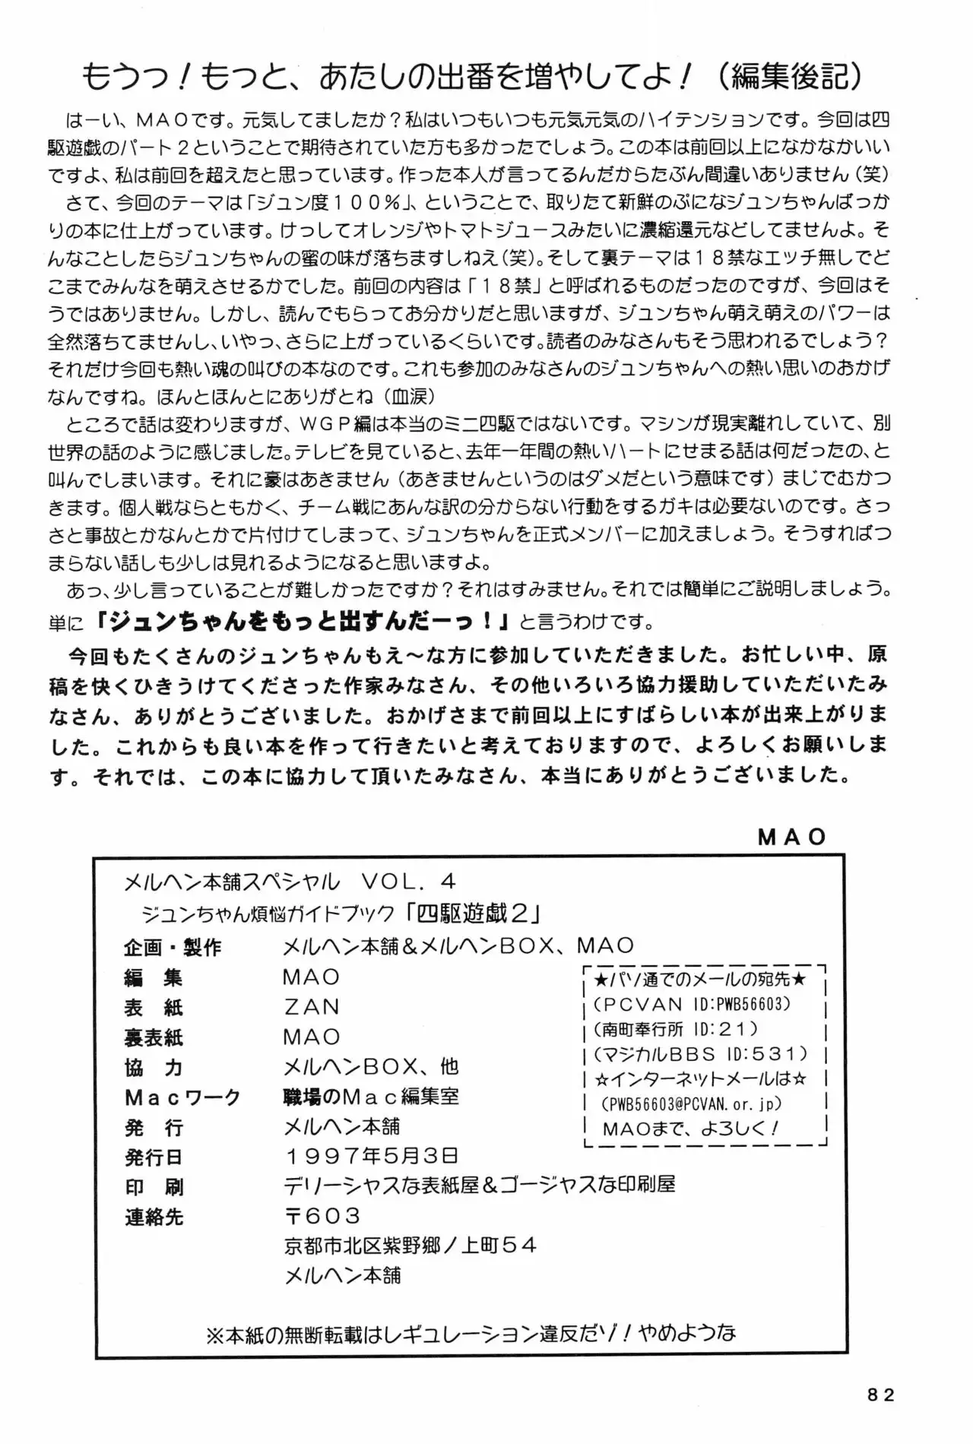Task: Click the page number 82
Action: (880, 1395)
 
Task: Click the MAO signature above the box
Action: (792, 837)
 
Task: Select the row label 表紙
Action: (154, 1007)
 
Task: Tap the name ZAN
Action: (312, 1007)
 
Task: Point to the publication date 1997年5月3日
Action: (372, 1156)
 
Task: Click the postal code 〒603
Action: (322, 1216)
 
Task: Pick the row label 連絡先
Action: (154, 1217)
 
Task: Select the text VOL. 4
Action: (408, 880)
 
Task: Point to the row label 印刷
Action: (154, 1186)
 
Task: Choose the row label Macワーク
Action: (182, 1097)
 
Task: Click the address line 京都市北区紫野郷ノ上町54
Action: (410, 1246)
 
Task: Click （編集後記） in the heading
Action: (791, 76)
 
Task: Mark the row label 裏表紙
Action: (154, 1037)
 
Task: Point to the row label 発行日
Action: (154, 1157)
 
